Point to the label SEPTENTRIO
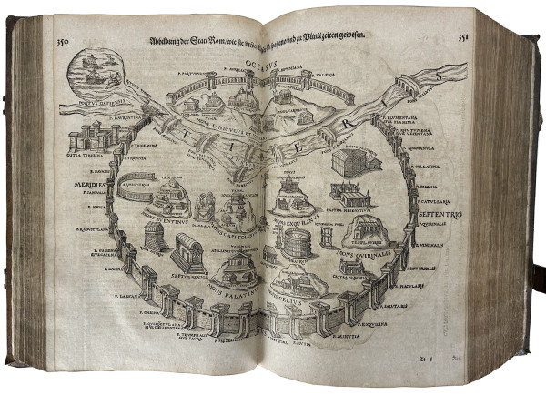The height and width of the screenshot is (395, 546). [x=440, y=215]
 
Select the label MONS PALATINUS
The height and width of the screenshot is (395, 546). [x=227, y=289]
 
